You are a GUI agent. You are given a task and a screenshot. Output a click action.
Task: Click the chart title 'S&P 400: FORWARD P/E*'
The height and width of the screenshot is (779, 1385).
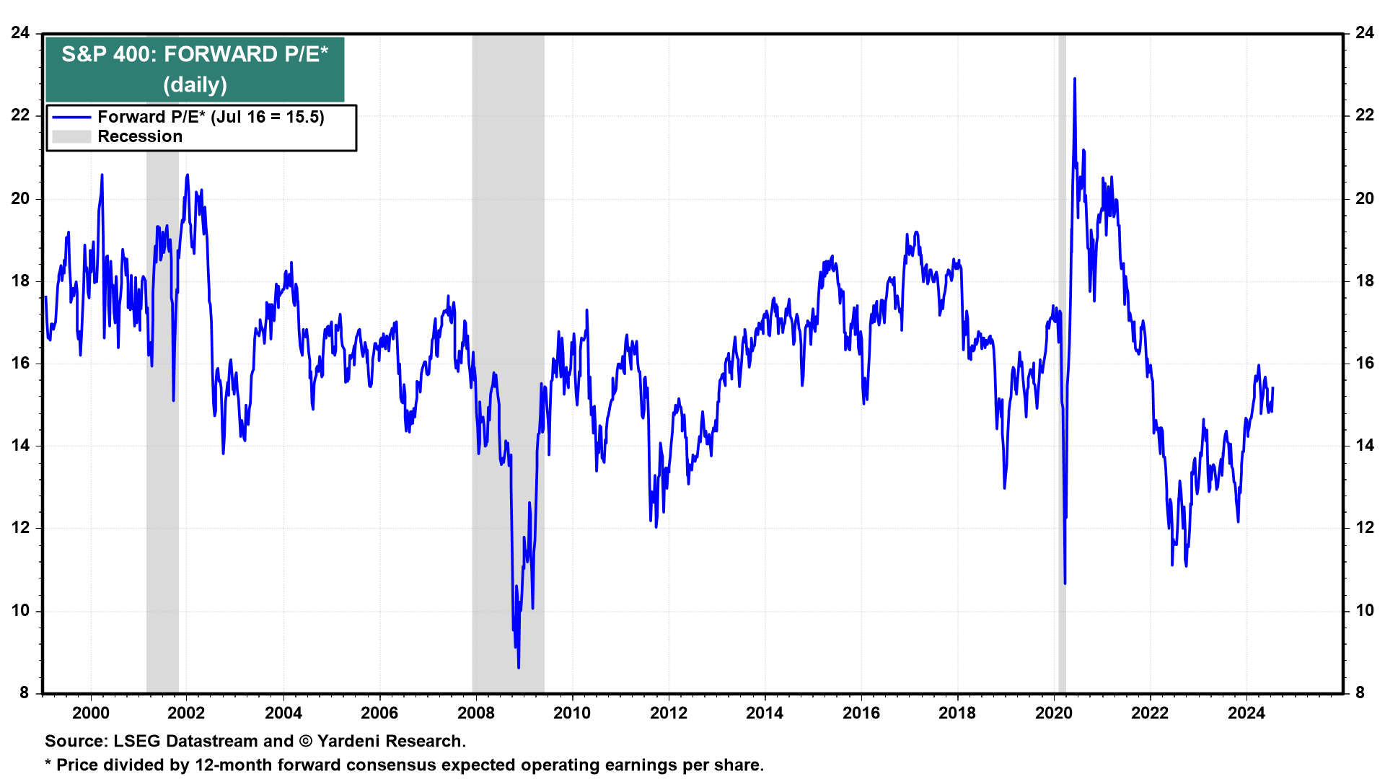pos(195,54)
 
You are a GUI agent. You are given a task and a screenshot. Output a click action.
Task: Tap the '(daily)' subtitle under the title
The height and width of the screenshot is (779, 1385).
pos(195,84)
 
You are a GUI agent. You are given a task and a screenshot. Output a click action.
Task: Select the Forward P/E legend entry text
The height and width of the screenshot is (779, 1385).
pos(211,117)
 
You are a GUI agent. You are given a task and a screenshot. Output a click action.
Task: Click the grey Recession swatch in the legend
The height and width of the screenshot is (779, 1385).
pos(71,136)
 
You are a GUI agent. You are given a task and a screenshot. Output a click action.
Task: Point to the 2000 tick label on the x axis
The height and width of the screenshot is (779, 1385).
pos(91,713)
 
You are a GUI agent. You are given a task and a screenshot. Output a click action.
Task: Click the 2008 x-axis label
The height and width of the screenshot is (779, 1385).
pos(476,713)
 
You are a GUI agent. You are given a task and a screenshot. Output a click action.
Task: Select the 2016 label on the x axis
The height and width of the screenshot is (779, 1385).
pos(861,713)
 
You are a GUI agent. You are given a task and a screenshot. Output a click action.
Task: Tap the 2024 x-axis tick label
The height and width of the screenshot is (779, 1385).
pos(1246,713)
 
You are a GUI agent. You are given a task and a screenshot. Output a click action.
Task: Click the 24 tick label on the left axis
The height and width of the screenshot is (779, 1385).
pos(20,32)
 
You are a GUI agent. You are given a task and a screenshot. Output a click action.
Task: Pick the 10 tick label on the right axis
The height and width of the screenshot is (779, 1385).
pos(1365,610)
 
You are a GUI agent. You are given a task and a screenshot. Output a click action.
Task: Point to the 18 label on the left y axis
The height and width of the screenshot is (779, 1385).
pos(20,281)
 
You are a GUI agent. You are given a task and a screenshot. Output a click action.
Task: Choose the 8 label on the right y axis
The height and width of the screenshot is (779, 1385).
pos(1360,692)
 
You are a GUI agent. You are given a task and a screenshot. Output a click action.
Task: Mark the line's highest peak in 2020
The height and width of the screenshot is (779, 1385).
pos(1075,79)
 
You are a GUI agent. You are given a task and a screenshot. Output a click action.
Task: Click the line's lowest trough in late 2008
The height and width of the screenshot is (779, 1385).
pos(519,667)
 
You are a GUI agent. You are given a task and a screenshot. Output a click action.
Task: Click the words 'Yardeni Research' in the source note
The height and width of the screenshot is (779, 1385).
pos(390,741)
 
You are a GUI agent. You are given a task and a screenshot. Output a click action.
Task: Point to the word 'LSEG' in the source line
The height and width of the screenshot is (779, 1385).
pos(137,741)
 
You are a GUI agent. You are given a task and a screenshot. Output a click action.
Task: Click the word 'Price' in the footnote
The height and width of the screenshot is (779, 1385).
pos(78,765)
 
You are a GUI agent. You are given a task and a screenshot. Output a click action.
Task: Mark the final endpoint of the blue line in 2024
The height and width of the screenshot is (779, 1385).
pos(1272,388)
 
